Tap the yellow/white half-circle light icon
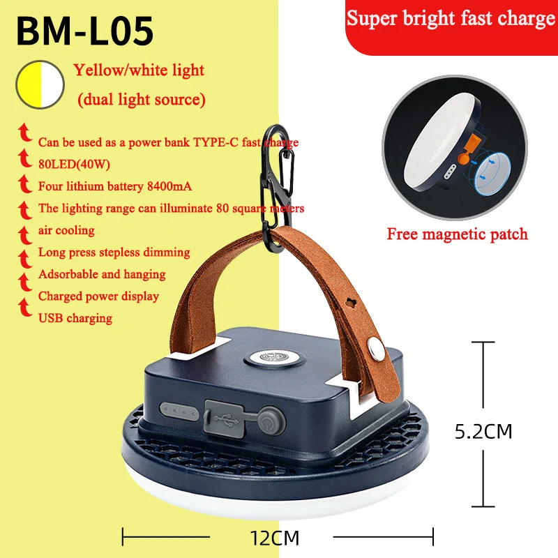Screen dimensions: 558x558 40,85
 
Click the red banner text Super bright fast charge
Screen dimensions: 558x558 451,19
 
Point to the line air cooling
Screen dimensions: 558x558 66,230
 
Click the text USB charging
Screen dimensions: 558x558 75,318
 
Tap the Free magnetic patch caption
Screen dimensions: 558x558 457,234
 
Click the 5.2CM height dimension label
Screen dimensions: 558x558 483,432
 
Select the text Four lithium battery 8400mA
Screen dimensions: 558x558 114,186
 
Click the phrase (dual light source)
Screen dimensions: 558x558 142,100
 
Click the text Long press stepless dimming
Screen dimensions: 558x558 114,252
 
